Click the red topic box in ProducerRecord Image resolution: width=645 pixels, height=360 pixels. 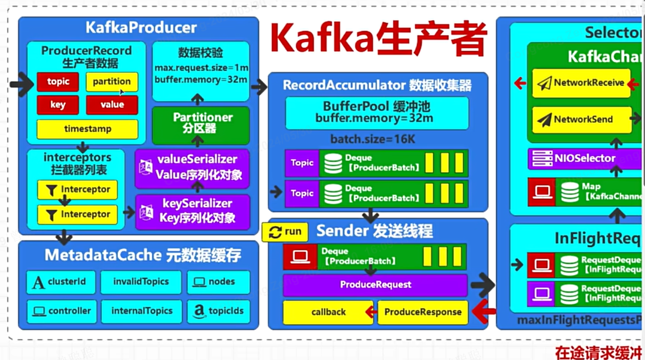tap(58, 82)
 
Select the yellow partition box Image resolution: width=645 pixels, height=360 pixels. tap(112, 82)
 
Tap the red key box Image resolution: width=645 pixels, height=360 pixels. tap(58, 105)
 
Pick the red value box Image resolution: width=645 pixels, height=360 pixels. tap(112, 105)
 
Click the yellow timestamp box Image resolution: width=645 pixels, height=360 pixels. tap(87, 129)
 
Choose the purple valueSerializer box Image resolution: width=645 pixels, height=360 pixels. tap(192, 168)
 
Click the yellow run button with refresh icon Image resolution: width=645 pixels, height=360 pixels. tap(285, 232)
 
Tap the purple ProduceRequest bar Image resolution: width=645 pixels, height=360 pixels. tap(375, 285)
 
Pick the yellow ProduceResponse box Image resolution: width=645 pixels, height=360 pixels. tap(423, 312)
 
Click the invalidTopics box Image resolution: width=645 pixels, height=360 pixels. tap(141, 282)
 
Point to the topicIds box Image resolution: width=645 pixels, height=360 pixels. tap(218, 311)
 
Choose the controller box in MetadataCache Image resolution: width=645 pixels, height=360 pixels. tap(61, 311)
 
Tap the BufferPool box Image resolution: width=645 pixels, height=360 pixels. tap(376, 113)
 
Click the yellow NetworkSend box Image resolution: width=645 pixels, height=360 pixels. tap(582, 120)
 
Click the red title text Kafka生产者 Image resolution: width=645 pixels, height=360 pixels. tap(378, 39)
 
